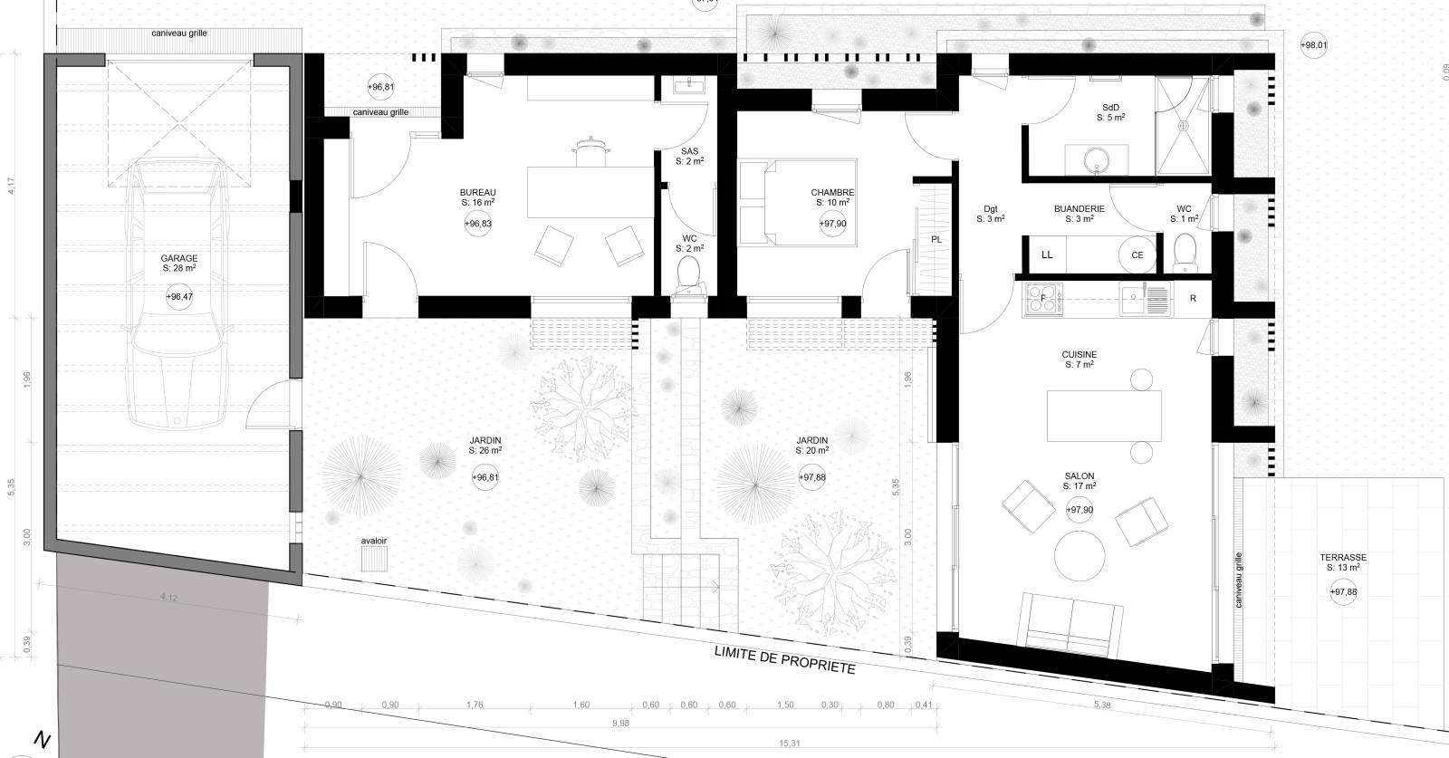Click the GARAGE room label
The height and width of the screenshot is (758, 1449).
coord(179,258)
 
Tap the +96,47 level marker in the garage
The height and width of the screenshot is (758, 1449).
coord(179,296)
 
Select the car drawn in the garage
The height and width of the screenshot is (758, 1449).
coord(178,290)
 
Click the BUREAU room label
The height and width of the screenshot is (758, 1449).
coord(477,193)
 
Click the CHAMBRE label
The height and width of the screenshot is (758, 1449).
coord(832,193)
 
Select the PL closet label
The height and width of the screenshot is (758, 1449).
coord(936,240)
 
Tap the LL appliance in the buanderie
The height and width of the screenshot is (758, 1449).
coord(1047,254)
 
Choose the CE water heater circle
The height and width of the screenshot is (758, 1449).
coord(1137,254)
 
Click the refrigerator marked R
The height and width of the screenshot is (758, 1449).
coord(1194,298)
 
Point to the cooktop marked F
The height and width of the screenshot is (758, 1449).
coord(1042,298)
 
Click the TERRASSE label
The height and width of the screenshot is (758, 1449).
coord(1343,558)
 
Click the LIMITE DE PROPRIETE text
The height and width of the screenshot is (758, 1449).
coord(784,659)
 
